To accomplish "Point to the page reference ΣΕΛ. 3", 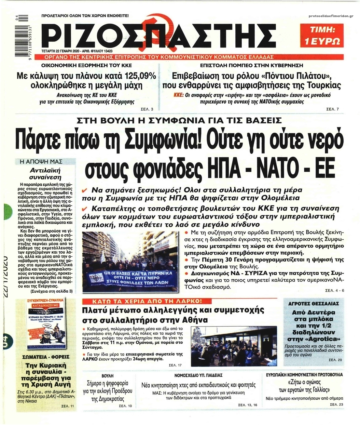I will pyautogui.click(x=147, y=109).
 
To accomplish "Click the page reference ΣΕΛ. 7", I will pyautogui.click(x=333, y=109).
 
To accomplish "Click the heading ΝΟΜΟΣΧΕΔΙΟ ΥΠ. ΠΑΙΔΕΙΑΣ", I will pyautogui.click(x=198, y=375).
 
